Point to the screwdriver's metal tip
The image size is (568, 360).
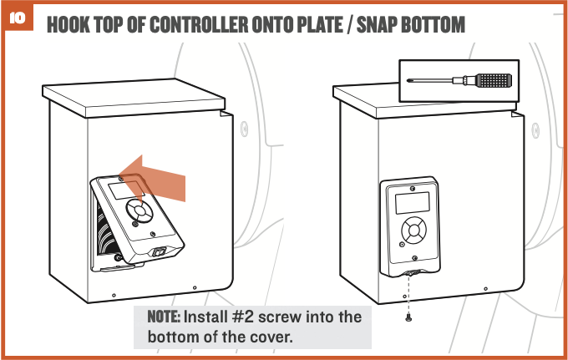tap(410, 81)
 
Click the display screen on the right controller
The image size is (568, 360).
tap(412, 202)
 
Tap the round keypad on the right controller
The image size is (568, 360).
tap(413, 230)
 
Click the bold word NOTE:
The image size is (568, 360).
tap(164, 317)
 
